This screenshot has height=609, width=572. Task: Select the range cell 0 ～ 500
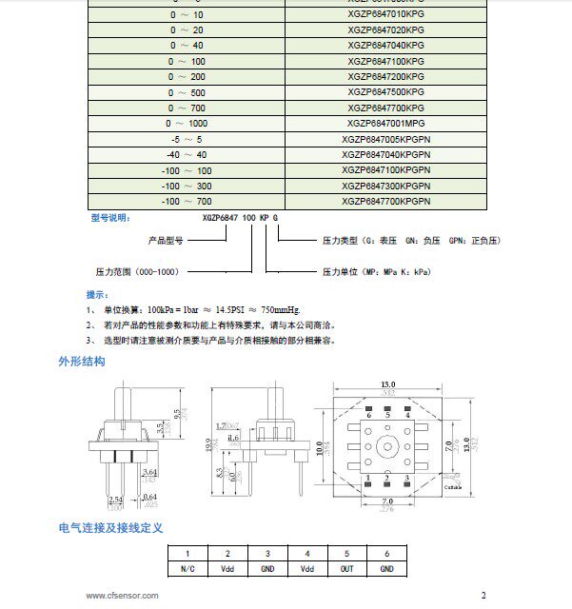tap(187, 91)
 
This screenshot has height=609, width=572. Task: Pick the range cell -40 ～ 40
tap(187, 154)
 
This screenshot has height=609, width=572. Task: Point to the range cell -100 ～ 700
tap(187, 202)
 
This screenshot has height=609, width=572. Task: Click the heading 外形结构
tap(82, 363)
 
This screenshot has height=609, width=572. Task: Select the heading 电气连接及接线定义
tap(111, 527)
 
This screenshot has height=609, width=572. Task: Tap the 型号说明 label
tap(108, 218)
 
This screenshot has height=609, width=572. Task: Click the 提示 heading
tap(97, 294)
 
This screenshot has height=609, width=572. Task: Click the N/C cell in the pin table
tap(187, 568)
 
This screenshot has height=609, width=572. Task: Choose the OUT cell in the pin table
tap(347, 568)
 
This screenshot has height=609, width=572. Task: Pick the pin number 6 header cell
tap(386, 554)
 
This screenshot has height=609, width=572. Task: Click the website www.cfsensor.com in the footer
tap(122, 596)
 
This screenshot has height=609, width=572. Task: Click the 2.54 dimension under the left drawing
tap(116, 498)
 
